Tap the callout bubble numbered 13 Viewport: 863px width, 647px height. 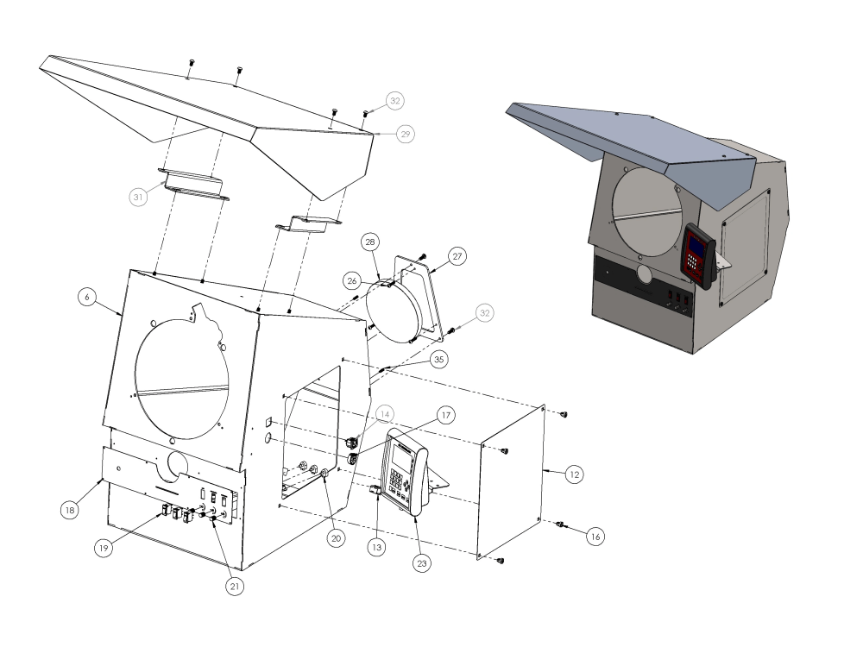pyautogui.click(x=377, y=546)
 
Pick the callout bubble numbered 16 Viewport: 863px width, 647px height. pyautogui.click(x=594, y=536)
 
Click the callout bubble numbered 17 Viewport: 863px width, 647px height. pyautogui.click(x=446, y=415)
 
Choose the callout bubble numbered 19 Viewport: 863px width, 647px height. pyautogui.click(x=104, y=549)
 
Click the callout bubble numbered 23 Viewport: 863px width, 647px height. pyautogui.click(x=423, y=562)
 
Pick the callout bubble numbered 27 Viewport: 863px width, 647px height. pyautogui.click(x=457, y=255)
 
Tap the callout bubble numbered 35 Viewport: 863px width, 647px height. pyautogui.click(x=439, y=358)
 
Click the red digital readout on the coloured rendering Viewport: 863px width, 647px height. pyautogui.click(x=697, y=253)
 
